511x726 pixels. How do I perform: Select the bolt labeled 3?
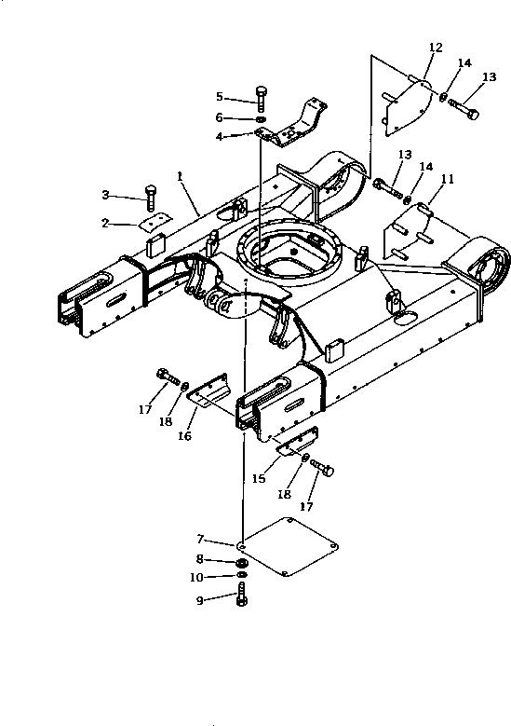pyautogui.click(x=150, y=195)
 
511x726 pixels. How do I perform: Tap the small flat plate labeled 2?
pyautogui.click(x=151, y=224)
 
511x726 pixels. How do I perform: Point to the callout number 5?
pyautogui.click(x=220, y=96)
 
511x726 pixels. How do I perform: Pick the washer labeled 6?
pyautogui.click(x=261, y=119)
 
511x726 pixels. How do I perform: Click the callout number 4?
pyautogui.click(x=220, y=137)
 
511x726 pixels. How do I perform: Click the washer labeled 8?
pyautogui.click(x=242, y=563)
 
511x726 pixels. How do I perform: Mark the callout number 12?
pyautogui.click(x=436, y=46)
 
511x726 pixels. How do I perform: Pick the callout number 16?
pyautogui.click(x=184, y=435)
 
